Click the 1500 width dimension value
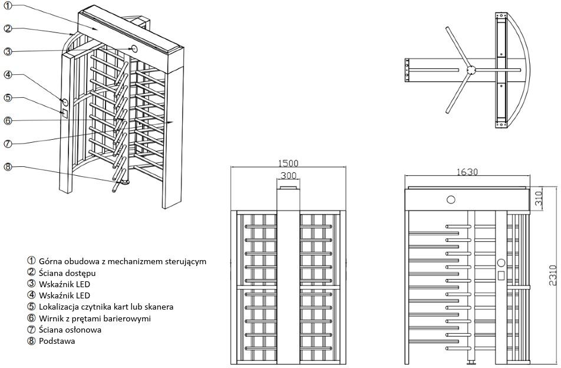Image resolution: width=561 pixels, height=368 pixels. [x=289, y=163]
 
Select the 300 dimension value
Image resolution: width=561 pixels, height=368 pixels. [x=288, y=176]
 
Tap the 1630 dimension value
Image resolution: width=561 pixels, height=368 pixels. [x=467, y=172]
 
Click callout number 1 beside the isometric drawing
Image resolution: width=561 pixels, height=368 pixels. [x=8, y=6]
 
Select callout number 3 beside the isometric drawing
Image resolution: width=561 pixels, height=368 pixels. [x=8, y=51]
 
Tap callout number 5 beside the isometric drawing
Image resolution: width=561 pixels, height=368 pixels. [x=8, y=97]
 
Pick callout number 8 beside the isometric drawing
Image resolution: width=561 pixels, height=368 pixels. [x=8, y=166]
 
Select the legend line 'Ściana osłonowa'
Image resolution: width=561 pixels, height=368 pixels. [x=70, y=330]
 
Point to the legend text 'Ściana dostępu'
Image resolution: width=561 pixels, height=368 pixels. [x=67, y=272]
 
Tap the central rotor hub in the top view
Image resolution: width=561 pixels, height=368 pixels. [x=471, y=70]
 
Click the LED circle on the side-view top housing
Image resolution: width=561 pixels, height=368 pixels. [x=451, y=199]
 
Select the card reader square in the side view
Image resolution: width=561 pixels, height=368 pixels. [x=500, y=275]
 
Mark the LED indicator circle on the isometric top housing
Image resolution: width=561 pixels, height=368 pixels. [x=134, y=49]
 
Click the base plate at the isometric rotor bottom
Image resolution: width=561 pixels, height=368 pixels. [x=123, y=182]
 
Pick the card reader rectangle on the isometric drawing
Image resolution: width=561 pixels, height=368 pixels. [x=65, y=112]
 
